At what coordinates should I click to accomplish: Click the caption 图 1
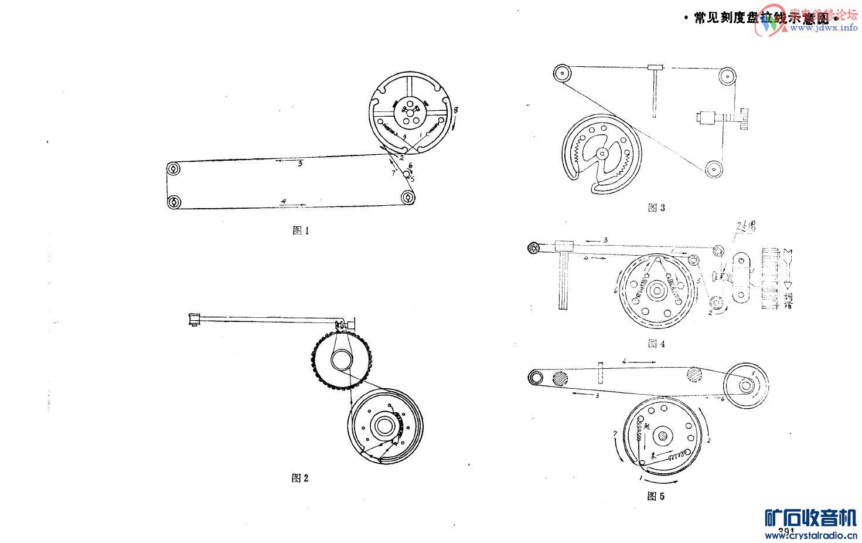(x=300, y=230)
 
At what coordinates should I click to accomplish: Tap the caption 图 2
(x=299, y=478)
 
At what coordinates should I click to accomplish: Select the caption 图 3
(x=656, y=208)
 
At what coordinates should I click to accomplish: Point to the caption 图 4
(x=656, y=344)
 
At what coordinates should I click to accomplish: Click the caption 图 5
(x=656, y=497)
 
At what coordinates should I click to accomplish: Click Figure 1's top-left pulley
(x=173, y=169)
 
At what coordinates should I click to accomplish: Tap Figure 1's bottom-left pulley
(x=173, y=203)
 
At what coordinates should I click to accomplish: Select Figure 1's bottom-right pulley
(x=407, y=199)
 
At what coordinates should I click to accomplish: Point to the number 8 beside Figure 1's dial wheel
(x=456, y=110)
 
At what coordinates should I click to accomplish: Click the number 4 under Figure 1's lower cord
(x=284, y=201)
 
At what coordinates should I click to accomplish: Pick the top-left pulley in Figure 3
(x=563, y=74)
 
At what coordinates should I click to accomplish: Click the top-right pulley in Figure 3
(x=728, y=76)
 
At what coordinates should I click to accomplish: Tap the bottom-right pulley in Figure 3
(x=713, y=169)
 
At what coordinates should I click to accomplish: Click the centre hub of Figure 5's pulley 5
(x=746, y=385)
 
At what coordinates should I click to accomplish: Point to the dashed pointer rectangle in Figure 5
(x=600, y=372)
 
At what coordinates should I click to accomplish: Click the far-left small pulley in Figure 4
(x=534, y=248)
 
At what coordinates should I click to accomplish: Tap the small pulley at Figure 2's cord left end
(x=193, y=320)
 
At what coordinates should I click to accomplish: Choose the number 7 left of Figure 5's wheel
(x=615, y=433)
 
